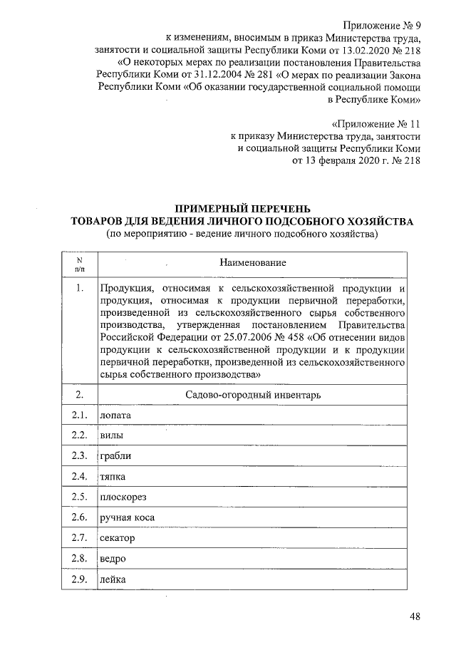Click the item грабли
tap(116, 455)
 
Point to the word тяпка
tap(113, 476)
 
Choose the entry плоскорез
tap(123, 497)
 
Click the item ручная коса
tap(128, 517)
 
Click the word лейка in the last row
tap(113, 579)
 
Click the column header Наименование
tap(253, 263)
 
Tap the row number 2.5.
tap(79, 497)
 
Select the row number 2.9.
tap(79, 579)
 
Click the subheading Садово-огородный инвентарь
tap(254, 394)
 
